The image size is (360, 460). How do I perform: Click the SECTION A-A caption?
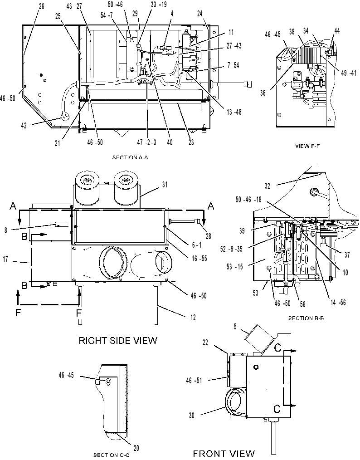coord(130,157)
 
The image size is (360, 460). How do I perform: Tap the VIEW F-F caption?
coord(307,146)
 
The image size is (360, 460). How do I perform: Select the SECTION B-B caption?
coord(306,318)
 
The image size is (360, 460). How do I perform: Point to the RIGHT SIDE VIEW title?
coord(118,340)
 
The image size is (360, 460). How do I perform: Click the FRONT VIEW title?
coord(224,454)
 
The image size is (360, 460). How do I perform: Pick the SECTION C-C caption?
coord(111,455)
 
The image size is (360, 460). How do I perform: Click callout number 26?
coord(42,6)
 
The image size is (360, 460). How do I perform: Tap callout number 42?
coord(24,125)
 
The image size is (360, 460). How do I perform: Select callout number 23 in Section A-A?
coord(191,142)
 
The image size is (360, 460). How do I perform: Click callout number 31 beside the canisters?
coord(165,185)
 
